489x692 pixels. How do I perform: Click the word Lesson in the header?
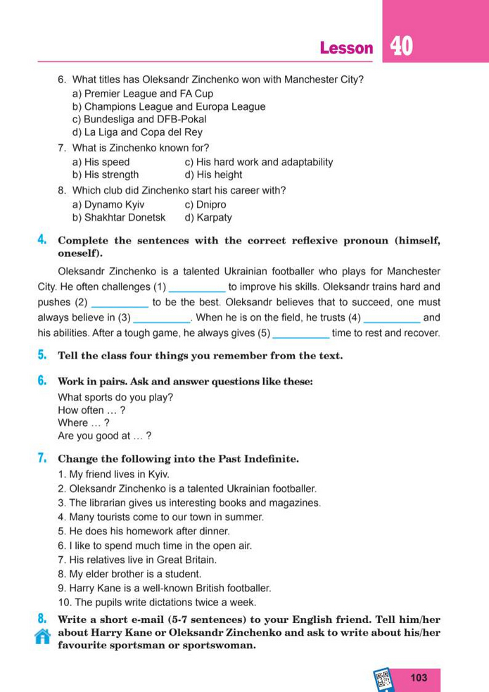[346, 48]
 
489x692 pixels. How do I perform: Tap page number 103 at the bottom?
[418, 677]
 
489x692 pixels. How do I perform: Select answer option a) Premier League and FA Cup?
[143, 94]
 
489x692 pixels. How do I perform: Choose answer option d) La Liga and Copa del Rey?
[137, 132]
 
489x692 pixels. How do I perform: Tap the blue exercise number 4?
[42, 241]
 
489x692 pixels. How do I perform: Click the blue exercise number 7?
[42, 459]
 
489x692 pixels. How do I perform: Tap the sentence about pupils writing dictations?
[158, 603]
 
